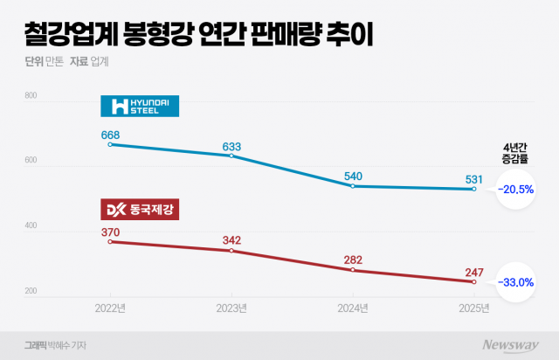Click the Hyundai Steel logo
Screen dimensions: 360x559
[x=140, y=106]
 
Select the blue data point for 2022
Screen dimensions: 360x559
[x=110, y=144]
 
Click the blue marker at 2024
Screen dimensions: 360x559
[x=352, y=186]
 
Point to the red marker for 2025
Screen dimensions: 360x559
[x=474, y=281]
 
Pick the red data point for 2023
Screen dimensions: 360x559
[x=231, y=251]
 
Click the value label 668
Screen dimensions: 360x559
[x=110, y=135]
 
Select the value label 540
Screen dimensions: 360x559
[x=352, y=176]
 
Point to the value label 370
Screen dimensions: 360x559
[x=110, y=231]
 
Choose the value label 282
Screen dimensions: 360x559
[x=352, y=260]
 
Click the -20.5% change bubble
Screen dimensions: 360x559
[x=515, y=189]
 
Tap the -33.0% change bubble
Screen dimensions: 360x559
[x=515, y=281]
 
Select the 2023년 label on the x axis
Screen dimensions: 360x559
[x=231, y=308]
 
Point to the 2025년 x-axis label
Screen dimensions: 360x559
[x=474, y=308]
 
